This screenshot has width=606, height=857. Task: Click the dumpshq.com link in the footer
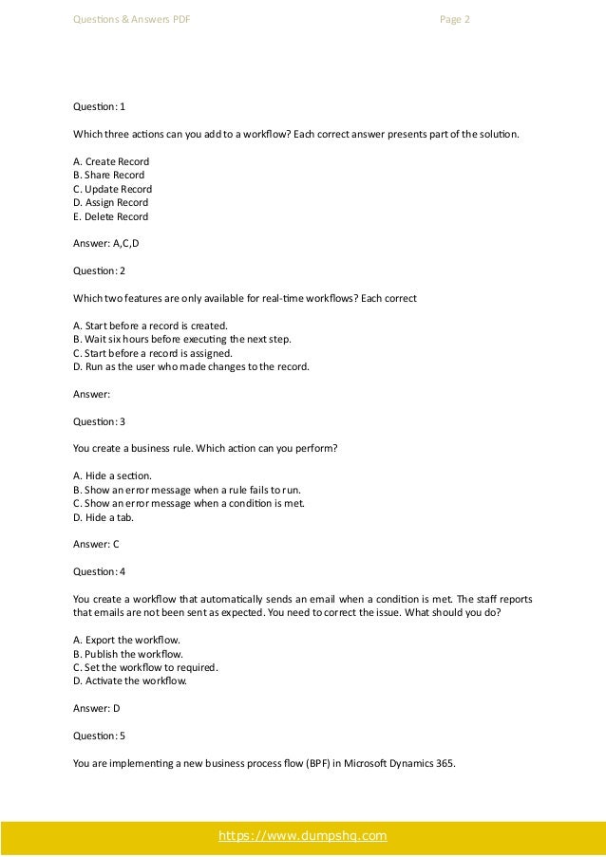[x=302, y=836]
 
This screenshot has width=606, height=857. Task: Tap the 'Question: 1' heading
[x=99, y=106]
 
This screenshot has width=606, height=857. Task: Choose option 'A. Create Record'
[x=111, y=161]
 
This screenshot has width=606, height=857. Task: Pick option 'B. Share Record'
[x=108, y=176]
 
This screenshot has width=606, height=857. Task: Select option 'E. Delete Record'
[x=110, y=216]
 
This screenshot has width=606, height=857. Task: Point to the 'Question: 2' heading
[x=99, y=270]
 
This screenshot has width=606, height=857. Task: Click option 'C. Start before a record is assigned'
[x=152, y=352]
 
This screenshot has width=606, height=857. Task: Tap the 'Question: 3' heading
[x=99, y=420]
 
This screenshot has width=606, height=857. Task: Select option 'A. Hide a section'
[x=111, y=475]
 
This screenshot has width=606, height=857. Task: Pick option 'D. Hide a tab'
[x=104, y=516]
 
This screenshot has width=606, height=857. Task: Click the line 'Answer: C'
[x=96, y=544]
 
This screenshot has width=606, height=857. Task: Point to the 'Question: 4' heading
[x=99, y=571]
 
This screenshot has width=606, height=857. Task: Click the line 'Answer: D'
[x=96, y=708]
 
